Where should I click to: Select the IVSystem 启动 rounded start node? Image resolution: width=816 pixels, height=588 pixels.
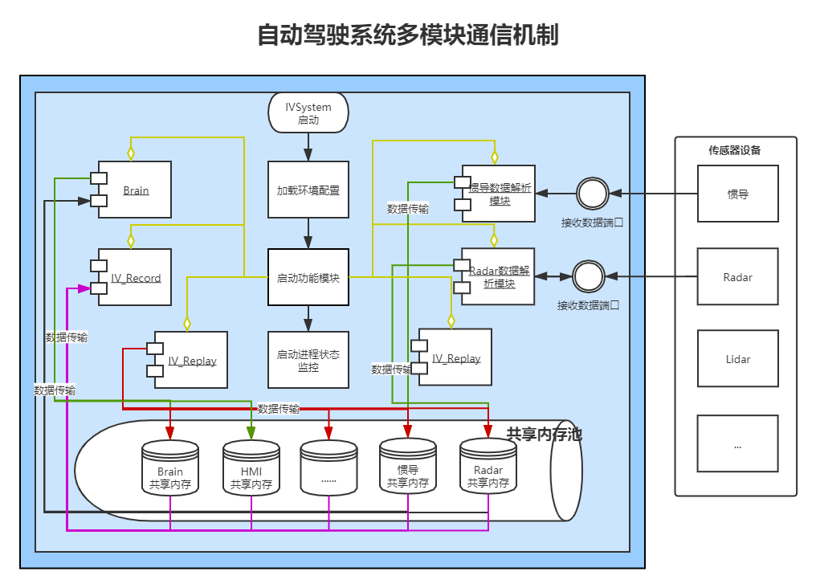coord(308,113)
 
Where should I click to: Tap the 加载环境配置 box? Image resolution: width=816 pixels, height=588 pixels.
coord(308,190)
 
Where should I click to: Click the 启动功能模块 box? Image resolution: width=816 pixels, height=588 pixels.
coord(308,277)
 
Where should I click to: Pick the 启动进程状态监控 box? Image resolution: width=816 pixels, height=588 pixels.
coord(308,360)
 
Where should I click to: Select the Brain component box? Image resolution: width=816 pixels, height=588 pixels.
coord(136,190)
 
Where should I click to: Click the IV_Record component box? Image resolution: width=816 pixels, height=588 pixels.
coord(136,277)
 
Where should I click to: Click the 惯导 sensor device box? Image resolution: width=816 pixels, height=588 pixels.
coord(737,194)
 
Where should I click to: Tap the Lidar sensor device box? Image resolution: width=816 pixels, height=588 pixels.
coord(737,359)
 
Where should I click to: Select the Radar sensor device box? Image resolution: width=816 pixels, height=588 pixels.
coord(737,277)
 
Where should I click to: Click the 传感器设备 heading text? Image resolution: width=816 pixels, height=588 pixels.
coord(734,150)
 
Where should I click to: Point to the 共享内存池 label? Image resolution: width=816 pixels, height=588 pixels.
coord(544,435)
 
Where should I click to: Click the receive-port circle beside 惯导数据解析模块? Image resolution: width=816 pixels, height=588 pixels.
coord(593,194)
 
